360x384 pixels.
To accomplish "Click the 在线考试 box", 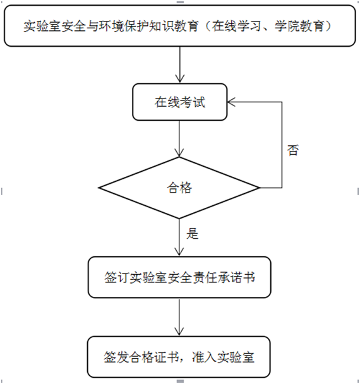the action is (180, 102).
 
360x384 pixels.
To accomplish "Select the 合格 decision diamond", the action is (179, 188).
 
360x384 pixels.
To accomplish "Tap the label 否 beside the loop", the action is (292, 150).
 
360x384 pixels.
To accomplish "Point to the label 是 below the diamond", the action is (192, 233).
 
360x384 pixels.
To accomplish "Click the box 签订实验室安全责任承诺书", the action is (179, 277).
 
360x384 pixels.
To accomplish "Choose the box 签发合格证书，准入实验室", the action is (179, 357).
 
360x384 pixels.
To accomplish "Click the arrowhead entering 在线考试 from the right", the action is (231, 102).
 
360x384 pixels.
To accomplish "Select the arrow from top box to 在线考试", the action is (180, 64).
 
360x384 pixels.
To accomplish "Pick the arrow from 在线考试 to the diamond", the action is (179, 138).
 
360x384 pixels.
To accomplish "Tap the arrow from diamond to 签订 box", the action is (179, 237).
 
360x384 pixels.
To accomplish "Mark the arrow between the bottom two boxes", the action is (179, 317).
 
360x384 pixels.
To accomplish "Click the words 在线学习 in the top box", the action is (236, 26).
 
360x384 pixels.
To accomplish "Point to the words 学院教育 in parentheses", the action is (299, 26).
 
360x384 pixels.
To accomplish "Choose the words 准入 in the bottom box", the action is (204, 357).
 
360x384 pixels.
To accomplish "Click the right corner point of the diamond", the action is (260, 188).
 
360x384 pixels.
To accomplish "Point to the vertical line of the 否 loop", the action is (282, 145).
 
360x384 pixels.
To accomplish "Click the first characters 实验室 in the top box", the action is (42, 26).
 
